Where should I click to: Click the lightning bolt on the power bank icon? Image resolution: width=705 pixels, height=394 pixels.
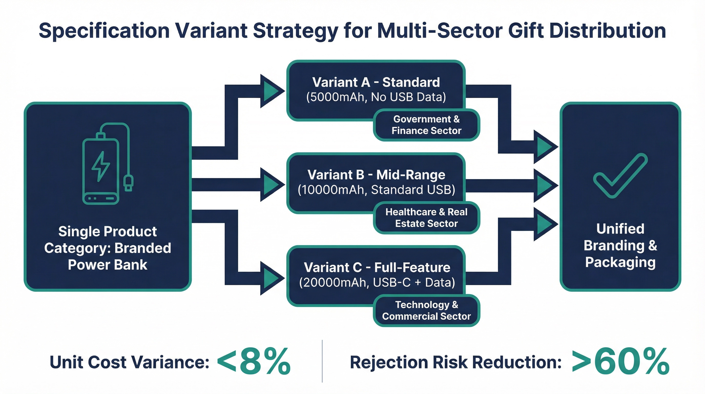pyautogui.click(x=100, y=166)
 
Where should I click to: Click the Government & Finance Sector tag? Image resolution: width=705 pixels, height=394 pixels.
pyautogui.click(x=426, y=125)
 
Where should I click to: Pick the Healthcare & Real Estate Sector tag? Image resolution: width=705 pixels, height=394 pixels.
pyautogui.click(x=426, y=218)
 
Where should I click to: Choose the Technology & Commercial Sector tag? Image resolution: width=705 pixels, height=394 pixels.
pyautogui.click(x=426, y=310)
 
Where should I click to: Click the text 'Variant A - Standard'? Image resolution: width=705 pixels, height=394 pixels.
pyautogui.click(x=376, y=82)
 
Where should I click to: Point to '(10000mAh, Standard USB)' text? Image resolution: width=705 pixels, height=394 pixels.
pyautogui.click(x=376, y=190)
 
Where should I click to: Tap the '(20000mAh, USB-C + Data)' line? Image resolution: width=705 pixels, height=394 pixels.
pyautogui.click(x=377, y=282)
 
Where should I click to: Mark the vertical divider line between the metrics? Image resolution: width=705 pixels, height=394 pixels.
pyautogui.click(x=322, y=361)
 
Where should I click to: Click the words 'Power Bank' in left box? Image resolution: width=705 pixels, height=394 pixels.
pyautogui.click(x=108, y=265)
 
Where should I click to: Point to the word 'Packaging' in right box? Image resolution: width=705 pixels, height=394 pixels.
pyautogui.click(x=620, y=262)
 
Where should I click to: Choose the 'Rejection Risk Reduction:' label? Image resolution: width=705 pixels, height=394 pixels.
pyautogui.click(x=455, y=362)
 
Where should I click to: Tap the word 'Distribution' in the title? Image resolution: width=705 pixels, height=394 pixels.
pyautogui.click(x=608, y=31)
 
